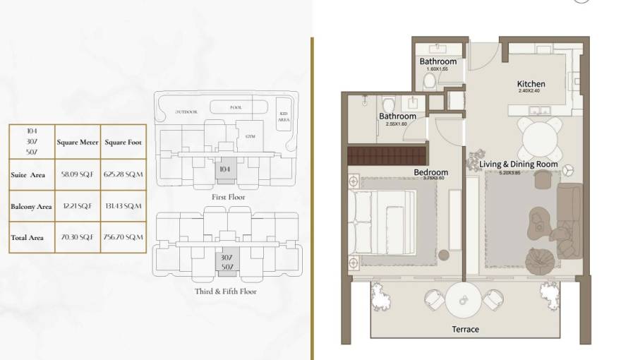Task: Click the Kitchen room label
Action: (x=531, y=84)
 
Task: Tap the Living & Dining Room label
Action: (x=518, y=164)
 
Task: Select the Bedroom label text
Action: (x=430, y=172)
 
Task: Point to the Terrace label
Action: (x=465, y=329)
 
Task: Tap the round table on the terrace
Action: (x=464, y=299)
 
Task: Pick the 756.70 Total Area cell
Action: (x=123, y=238)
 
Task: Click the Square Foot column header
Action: (x=123, y=142)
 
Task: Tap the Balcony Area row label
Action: (x=31, y=207)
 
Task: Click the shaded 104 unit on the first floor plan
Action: (x=225, y=169)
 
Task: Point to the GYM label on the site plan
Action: (x=250, y=135)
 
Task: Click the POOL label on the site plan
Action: (x=236, y=108)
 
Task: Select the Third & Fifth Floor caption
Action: (x=226, y=291)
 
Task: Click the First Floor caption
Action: (x=227, y=197)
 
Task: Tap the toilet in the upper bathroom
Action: (x=428, y=83)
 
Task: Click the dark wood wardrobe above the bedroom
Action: (x=387, y=154)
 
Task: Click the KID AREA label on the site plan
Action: (x=284, y=118)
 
